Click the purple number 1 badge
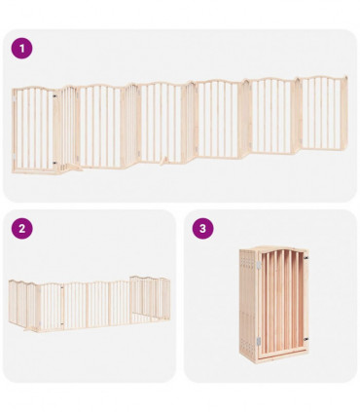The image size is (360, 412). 21,49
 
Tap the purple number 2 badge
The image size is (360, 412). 21,229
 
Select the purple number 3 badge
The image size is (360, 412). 202,229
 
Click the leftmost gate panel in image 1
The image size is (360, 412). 35,129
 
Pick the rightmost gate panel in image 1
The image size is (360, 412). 322,113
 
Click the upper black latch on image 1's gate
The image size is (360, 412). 61,96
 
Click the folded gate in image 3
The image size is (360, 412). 274,302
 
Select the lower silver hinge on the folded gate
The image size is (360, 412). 259,341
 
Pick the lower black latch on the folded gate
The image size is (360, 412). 305,339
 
